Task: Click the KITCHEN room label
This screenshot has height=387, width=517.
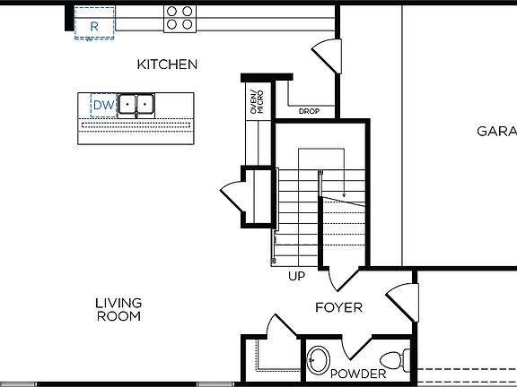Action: [167, 64]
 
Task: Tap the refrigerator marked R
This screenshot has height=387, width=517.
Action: [93, 26]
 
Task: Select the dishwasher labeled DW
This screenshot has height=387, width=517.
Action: [103, 106]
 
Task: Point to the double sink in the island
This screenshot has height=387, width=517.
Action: [136, 106]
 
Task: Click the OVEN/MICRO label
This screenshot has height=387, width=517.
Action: [257, 99]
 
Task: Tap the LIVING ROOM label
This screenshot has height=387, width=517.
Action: [118, 309]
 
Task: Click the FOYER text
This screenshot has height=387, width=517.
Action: [338, 307]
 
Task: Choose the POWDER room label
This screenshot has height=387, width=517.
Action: [357, 374]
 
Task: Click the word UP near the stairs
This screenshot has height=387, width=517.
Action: [296, 276]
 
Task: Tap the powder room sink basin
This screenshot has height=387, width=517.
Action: [317, 362]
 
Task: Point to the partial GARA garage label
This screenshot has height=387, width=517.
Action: [495, 131]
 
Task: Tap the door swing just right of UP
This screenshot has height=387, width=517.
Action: [343, 279]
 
